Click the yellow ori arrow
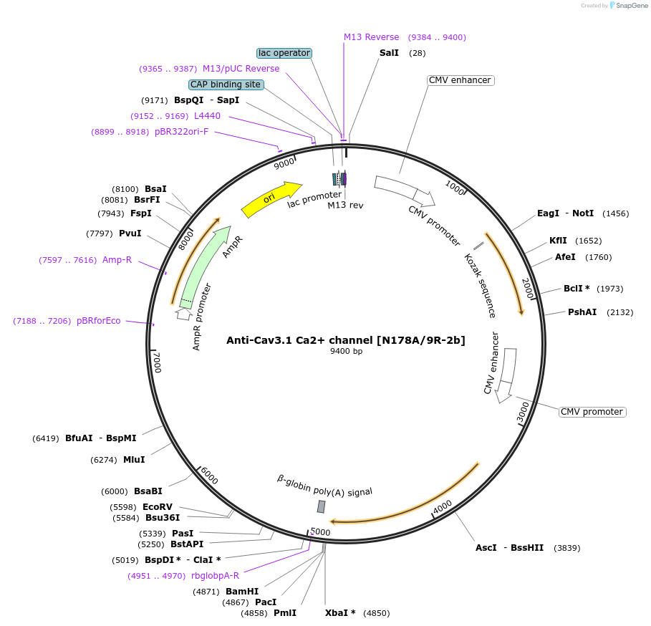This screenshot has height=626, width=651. coord(271,198)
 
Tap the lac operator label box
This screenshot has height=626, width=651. coord(284,53)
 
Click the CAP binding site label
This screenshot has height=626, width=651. coord(226,85)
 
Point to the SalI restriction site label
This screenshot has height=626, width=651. coord(390,53)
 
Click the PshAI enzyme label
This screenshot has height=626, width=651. coord(582,312)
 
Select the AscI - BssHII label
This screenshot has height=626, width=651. coord(509,548)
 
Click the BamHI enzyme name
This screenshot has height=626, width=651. coord(242,592)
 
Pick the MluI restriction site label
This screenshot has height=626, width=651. coord(134,460)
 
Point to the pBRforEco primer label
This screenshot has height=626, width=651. coord(99,321)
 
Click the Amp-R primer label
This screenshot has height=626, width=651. coord(117,260)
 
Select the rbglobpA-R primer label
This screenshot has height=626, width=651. coord(215,576)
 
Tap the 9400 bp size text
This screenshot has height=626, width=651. coord(346,352)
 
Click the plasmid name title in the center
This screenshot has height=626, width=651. coord(346,340)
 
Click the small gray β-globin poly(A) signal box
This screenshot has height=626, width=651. coord(322,506)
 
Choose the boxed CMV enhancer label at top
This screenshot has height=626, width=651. coord(459,80)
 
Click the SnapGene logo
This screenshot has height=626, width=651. coord(628,6)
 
